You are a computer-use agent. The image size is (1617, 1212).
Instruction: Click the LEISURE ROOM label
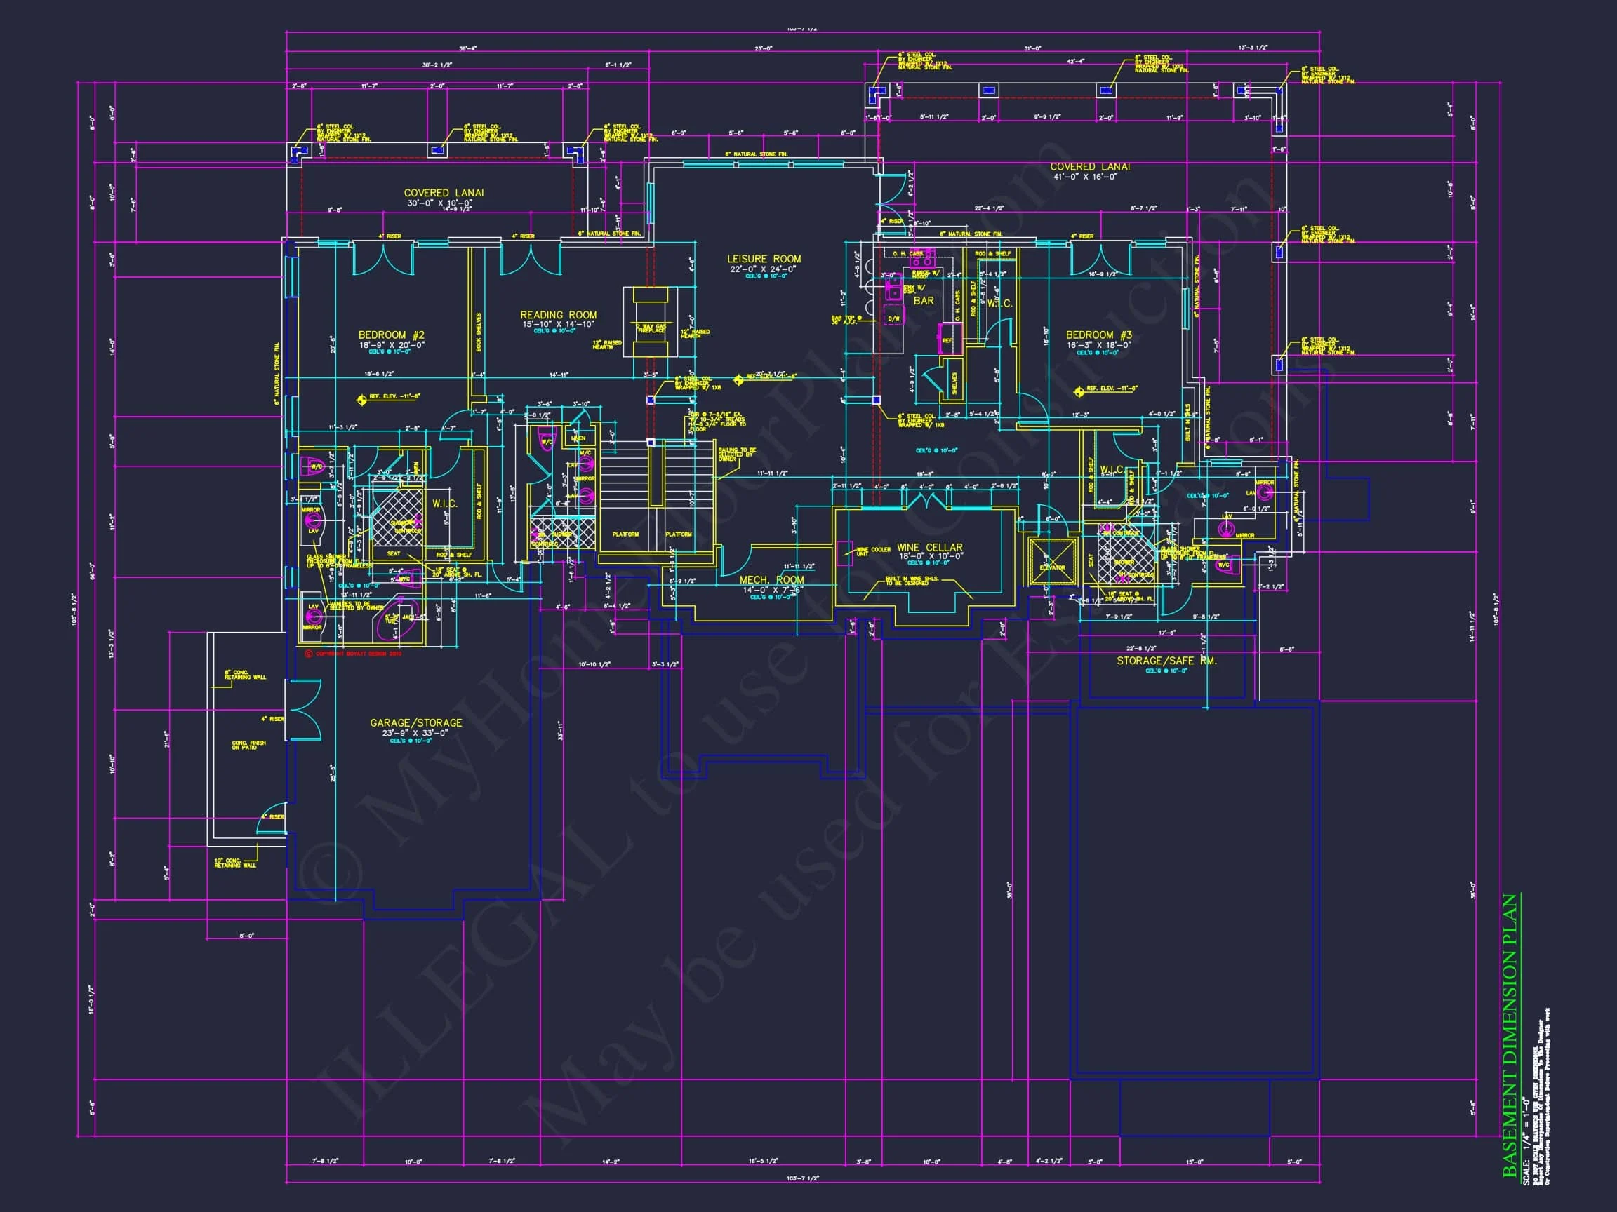pyautogui.click(x=764, y=259)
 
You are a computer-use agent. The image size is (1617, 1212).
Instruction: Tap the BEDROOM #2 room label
pyautogui.click(x=391, y=335)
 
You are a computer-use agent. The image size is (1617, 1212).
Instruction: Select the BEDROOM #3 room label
pyautogui.click(x=1099, y=335)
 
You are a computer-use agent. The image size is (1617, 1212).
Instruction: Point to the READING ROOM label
pyautogui.click(x=559, y=315)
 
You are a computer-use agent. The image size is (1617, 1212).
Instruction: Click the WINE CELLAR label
pyautogui.click(x=930, y=547)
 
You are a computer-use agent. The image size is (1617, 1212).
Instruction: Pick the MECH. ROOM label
pyautogui.click(x=771, y=580)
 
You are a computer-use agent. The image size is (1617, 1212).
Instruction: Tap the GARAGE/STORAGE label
pyautogui.click(x=416, y=722)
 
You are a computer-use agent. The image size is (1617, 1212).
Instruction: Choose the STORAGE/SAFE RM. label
pyautogui.click(x=1166, y=661)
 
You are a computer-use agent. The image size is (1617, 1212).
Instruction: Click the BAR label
pyautogui.click(x=924, y=300)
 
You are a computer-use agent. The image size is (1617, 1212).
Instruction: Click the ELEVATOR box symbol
pyautogui.click(x=1053, y=561)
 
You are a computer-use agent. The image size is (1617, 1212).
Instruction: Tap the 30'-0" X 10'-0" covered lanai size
pyautogui.click(x=444, y=203)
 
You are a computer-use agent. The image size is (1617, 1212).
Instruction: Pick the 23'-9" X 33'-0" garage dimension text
pyautogui.click(x=415, y=733)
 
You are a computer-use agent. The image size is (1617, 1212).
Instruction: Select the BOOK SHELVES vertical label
pyautogui.click(x=479, y=332)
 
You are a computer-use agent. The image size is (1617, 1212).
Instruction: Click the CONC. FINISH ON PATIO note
pyautogui.click(x=248, y=744)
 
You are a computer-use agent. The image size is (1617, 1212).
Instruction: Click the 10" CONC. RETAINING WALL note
pyautogui.click(x=234, y=863)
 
